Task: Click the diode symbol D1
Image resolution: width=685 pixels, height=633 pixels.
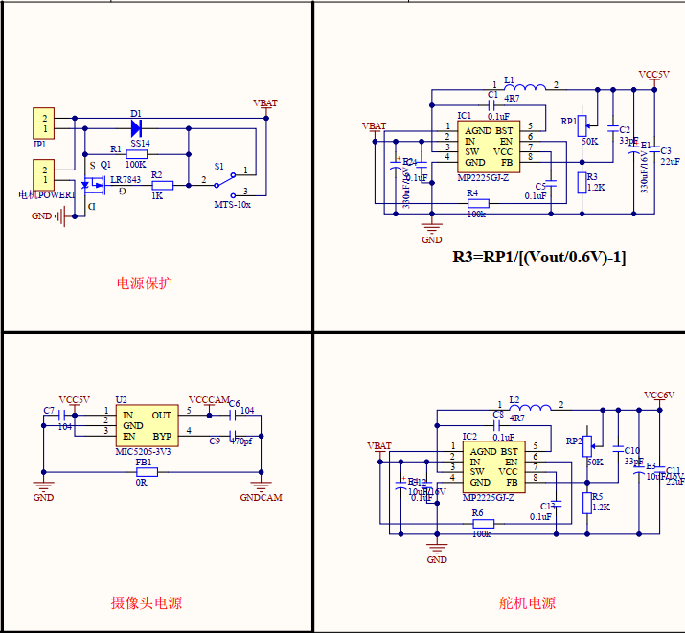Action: pyautogui.click(x=136, y=126)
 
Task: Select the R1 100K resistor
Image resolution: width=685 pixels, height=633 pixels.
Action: pyautogui.click(x=136, y=154)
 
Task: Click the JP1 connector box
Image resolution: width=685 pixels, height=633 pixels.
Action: pyautogui.click(x=42, y=123)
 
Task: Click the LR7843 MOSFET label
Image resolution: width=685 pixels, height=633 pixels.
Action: pyautogui.click(x=126, y=180)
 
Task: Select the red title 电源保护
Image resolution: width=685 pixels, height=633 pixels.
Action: pyautogui.click(x=145, y=283)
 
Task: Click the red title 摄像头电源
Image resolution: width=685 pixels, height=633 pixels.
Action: pyautogui.click(x=146, y=603)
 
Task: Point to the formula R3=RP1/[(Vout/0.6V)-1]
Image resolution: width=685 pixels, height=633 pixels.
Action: pyautogui.click(x=538, y=258)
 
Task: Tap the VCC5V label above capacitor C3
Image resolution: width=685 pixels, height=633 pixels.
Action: pyautogui.click(x=654, y=74)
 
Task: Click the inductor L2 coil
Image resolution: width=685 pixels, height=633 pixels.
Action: pyautogui.click(x=528, y=407)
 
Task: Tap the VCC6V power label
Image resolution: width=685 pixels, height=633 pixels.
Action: pyautogui.click(x=659, y=395)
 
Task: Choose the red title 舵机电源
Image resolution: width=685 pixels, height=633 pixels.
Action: pyautogui.click(x=527, y=603)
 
